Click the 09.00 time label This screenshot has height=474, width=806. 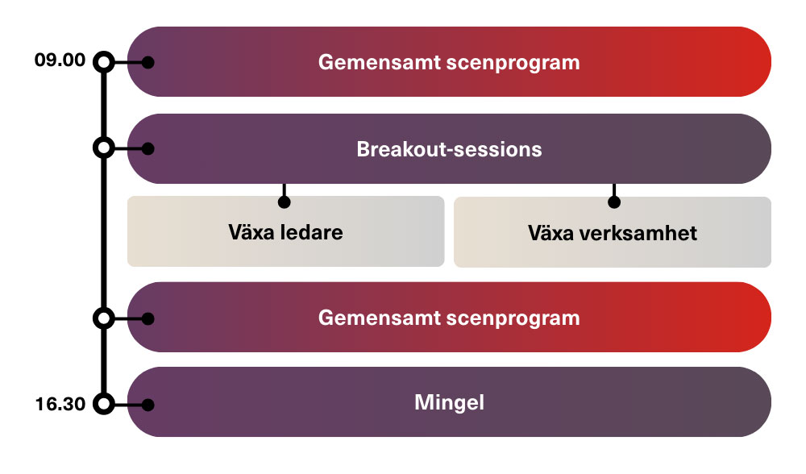pos(60,60)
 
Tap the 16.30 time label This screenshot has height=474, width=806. pos(60,404)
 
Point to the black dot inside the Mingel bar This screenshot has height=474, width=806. pos(148,405)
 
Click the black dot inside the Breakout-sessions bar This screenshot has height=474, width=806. pos(148,149)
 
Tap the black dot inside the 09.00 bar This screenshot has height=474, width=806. pos(148,63)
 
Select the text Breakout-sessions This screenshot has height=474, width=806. pos(449,150)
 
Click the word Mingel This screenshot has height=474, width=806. pos(449,403)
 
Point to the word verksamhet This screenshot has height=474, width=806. pos(638,234)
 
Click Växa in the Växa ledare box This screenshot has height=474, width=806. pos(251,232)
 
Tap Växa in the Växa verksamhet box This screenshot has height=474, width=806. pos(550,234)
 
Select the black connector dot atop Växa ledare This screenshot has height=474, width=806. pos(285,202)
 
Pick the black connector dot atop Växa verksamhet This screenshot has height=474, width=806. pos(614,202)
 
